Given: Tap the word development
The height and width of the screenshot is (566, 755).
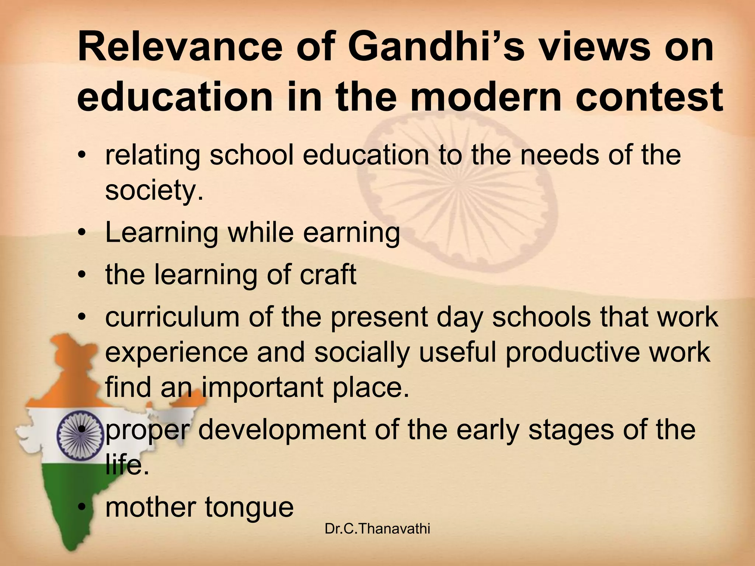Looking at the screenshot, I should (x=282, y=430).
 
